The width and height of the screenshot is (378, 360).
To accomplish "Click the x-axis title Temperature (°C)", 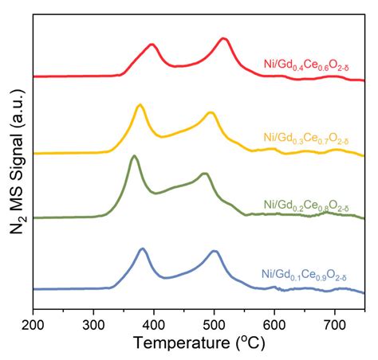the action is tap(199, 343).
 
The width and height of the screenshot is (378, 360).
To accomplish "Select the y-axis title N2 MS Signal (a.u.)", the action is tap(17, 162).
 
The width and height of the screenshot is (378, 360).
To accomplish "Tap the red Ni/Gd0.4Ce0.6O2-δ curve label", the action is tap(306, 65).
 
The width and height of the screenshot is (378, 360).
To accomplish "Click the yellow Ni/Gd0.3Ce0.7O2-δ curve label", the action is tap(306, 139).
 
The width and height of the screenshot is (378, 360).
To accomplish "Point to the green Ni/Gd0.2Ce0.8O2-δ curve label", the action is tap(306, 205).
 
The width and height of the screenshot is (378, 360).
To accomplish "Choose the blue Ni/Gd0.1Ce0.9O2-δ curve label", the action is tap(305, 275).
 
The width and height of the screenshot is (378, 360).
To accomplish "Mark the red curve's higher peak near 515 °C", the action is tap(223, 39).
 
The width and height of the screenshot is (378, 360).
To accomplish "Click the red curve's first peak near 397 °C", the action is tap(152, 45).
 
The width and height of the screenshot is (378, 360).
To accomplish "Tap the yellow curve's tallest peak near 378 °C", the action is tap(140, 105).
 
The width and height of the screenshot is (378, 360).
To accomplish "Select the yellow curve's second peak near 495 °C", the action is tap(211, 113).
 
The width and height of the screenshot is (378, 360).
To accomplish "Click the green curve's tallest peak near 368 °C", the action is tap(134, 156).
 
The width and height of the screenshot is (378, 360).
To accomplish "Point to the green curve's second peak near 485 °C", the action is tap(205, 174).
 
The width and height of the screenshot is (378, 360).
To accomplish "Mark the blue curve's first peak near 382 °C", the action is tap(143, 248).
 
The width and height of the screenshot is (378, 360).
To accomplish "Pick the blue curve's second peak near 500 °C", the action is tap(215, 251).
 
